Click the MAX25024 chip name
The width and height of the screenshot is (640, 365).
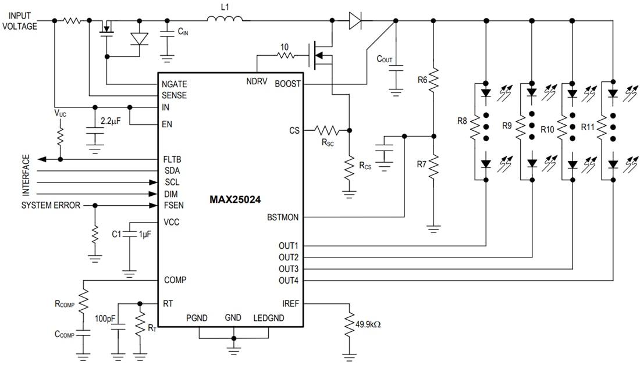(x=235, y=199)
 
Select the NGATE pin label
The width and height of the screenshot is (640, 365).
(x=175, y=84)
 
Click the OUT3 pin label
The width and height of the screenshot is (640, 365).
(x=289, y=269)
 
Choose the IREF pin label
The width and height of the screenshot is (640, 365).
(x=291, y=303)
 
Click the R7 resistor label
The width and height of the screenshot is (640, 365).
(x=422, y=164)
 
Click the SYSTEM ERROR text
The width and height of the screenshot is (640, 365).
(x=51, y=206)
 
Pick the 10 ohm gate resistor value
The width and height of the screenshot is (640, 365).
(x=283, y=47)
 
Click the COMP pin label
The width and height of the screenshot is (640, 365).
(x=175, y=280)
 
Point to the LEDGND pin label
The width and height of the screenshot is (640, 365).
(x=268, y=318)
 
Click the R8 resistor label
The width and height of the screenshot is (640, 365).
(x=463, y=122)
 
